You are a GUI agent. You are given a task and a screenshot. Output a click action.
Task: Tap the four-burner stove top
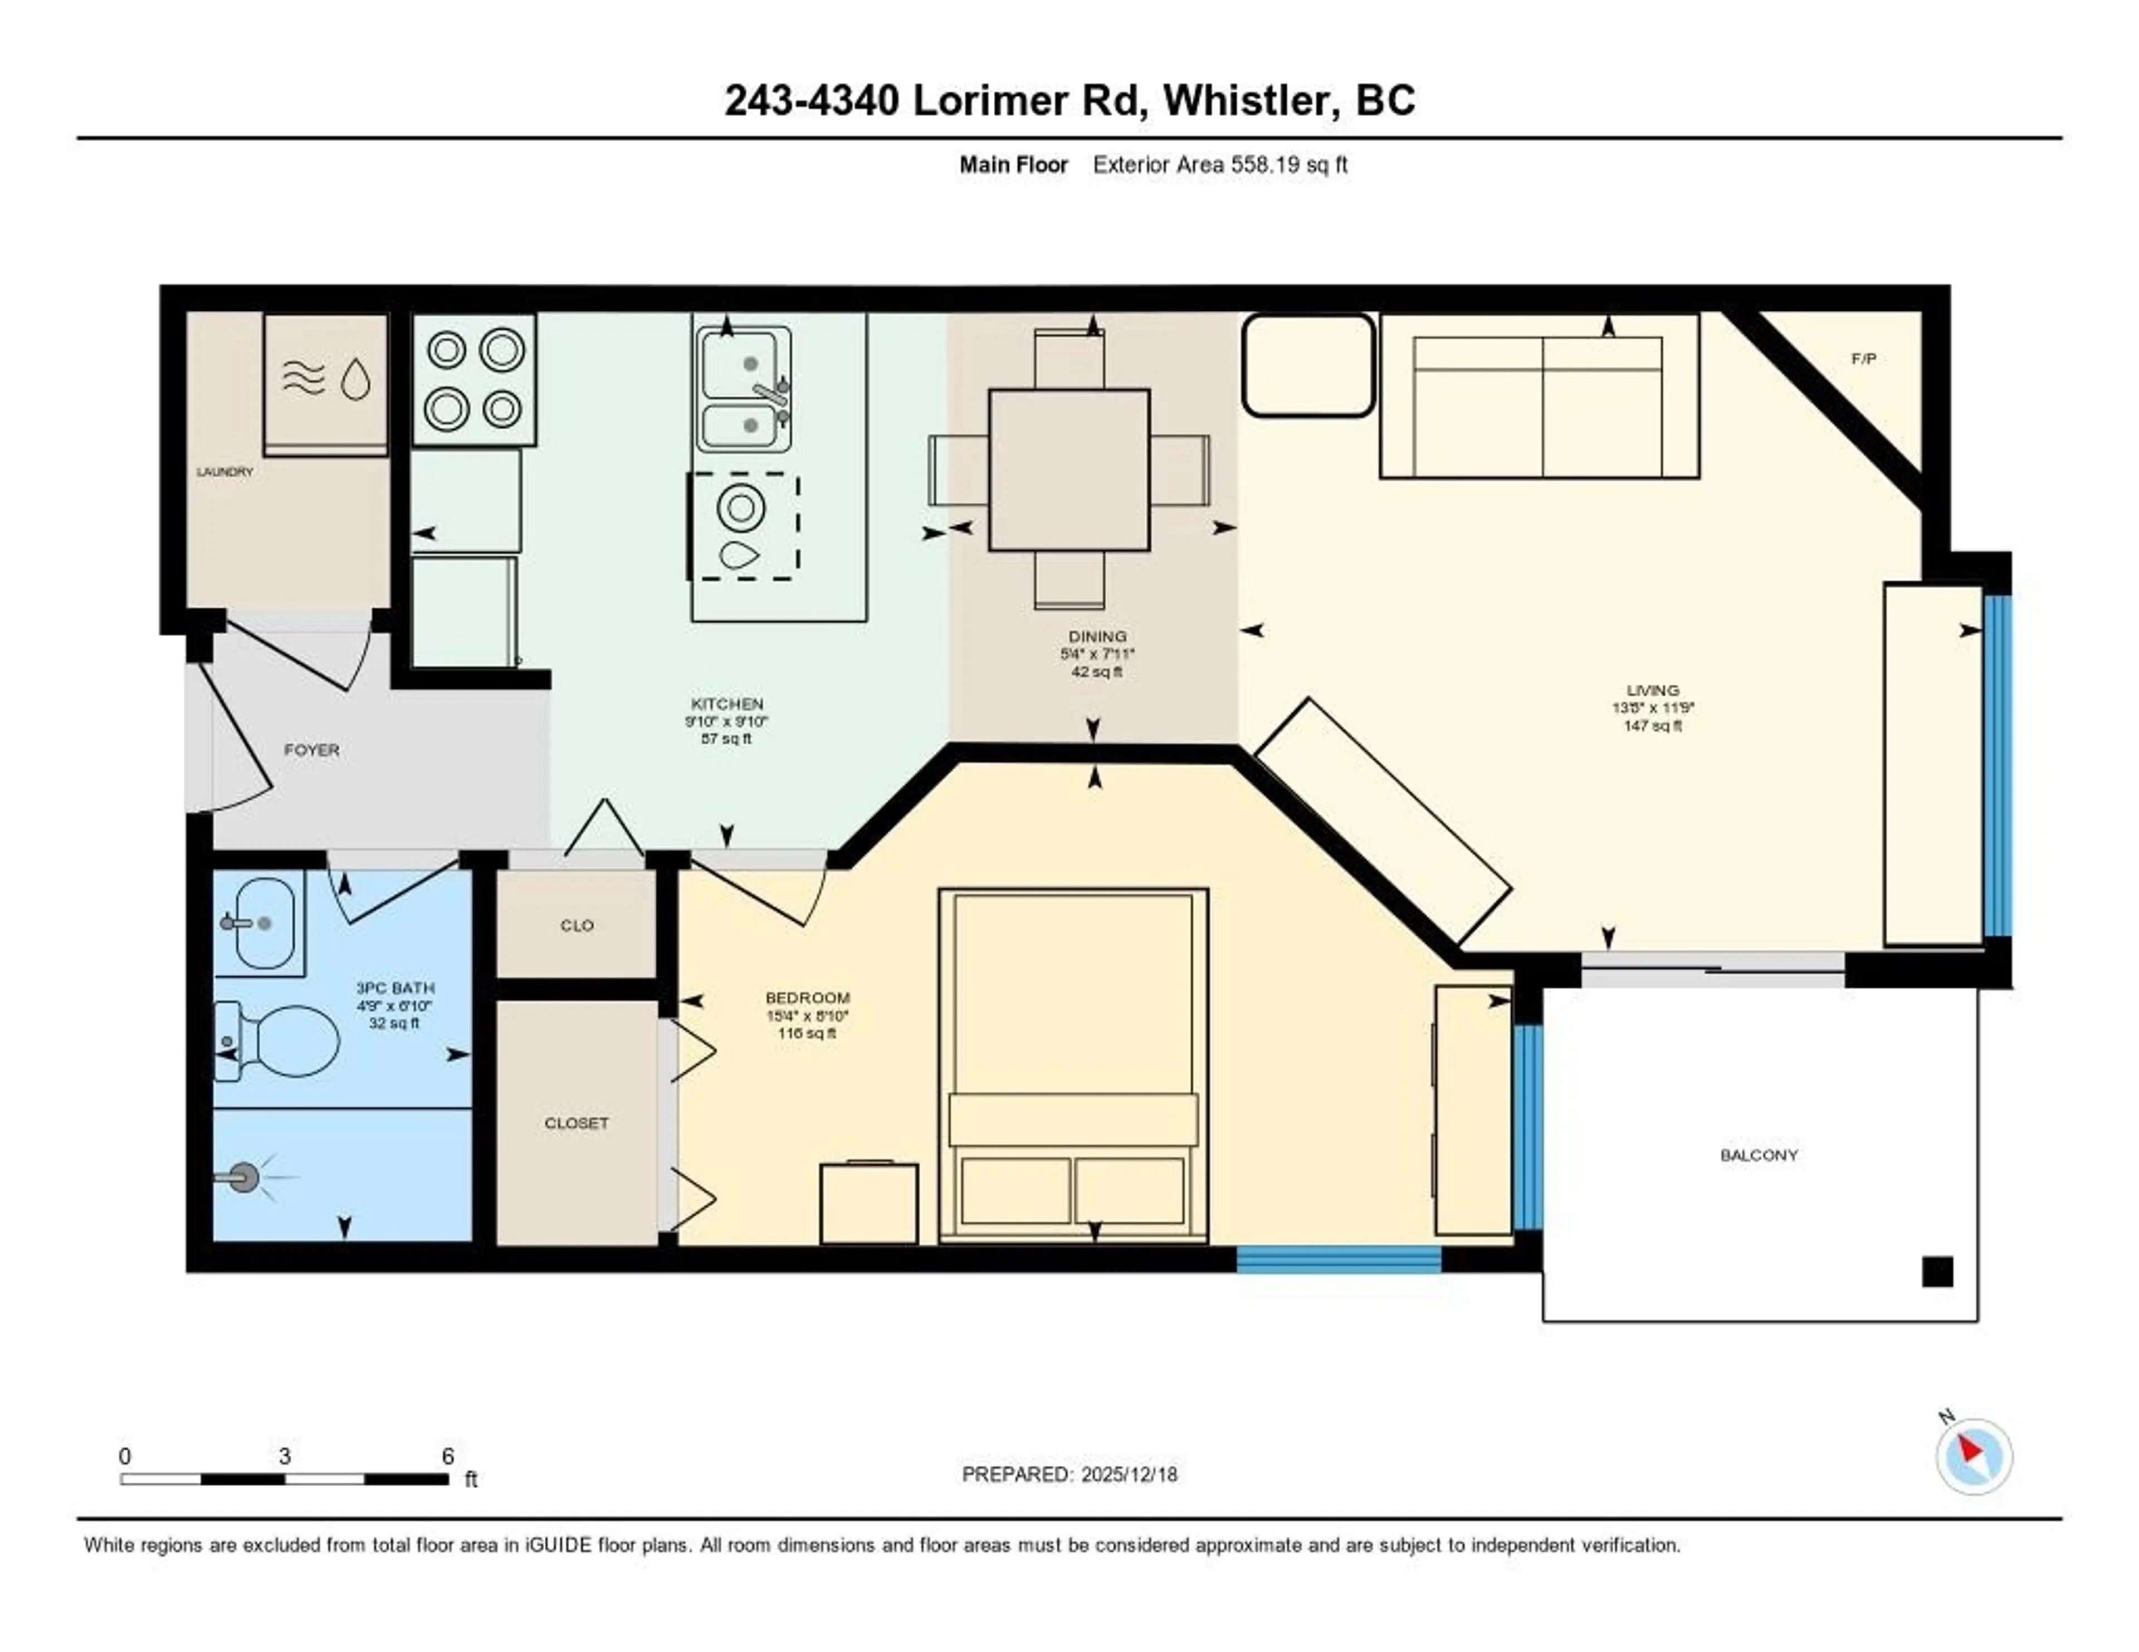(474, 380)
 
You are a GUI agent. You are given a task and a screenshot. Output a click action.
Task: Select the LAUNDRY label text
(224, 472)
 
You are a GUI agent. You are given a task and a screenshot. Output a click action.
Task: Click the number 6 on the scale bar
(448, 1456)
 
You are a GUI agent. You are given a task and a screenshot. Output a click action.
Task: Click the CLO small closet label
(577, 925)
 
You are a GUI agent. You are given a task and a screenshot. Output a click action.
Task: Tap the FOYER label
(311, 750)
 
